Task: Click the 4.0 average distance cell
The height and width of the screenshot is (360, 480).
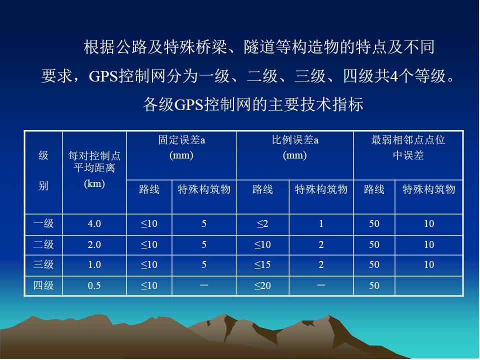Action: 94,224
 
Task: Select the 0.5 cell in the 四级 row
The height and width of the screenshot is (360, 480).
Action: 94,285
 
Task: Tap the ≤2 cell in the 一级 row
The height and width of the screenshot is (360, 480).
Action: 262,224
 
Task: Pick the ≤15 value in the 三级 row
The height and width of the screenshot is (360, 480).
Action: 262,265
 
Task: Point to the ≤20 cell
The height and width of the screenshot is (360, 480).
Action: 262,285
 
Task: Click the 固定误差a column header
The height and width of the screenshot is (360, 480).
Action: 181,147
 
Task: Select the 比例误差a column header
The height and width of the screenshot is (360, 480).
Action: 295,147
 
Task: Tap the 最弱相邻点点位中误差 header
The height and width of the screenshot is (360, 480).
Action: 408,147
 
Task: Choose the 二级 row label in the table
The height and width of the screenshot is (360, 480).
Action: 43,244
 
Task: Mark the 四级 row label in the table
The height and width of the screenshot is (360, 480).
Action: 43,285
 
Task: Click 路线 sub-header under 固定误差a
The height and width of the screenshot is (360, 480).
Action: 149,189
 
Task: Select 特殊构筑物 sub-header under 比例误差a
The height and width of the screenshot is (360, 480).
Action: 321,189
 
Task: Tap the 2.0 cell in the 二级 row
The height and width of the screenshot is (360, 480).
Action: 94,245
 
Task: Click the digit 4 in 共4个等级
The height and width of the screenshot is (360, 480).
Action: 394,76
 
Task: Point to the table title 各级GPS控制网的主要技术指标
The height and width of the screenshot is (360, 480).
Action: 253,104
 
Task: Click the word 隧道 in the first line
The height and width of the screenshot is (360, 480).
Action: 259,47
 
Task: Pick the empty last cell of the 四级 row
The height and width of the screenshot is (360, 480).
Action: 429,286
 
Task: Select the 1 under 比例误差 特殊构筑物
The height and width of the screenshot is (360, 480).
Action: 321,224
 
